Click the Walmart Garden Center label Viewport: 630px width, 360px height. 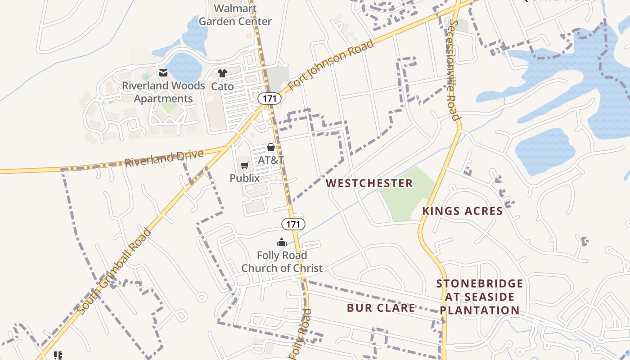(235, 15)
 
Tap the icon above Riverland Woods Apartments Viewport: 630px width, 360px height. (163, 72)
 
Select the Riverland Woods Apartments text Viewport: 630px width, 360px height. (163, 92)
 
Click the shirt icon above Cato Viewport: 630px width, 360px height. (222, 73)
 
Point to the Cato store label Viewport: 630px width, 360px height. (222, 86)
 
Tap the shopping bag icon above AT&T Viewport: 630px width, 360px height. (270, 147)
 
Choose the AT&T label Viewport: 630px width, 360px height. (270, 160)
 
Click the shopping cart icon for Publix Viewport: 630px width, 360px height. (244, 166)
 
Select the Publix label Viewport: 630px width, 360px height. (244, 178)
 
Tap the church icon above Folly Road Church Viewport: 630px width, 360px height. (282, 243)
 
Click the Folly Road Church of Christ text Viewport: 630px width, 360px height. (282, 261)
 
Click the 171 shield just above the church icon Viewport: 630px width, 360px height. (293, 224)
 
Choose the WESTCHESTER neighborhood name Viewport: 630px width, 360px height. (369, 183)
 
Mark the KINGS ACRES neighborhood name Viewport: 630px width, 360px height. (462, 211)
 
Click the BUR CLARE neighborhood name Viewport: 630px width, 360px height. (381, 308)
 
